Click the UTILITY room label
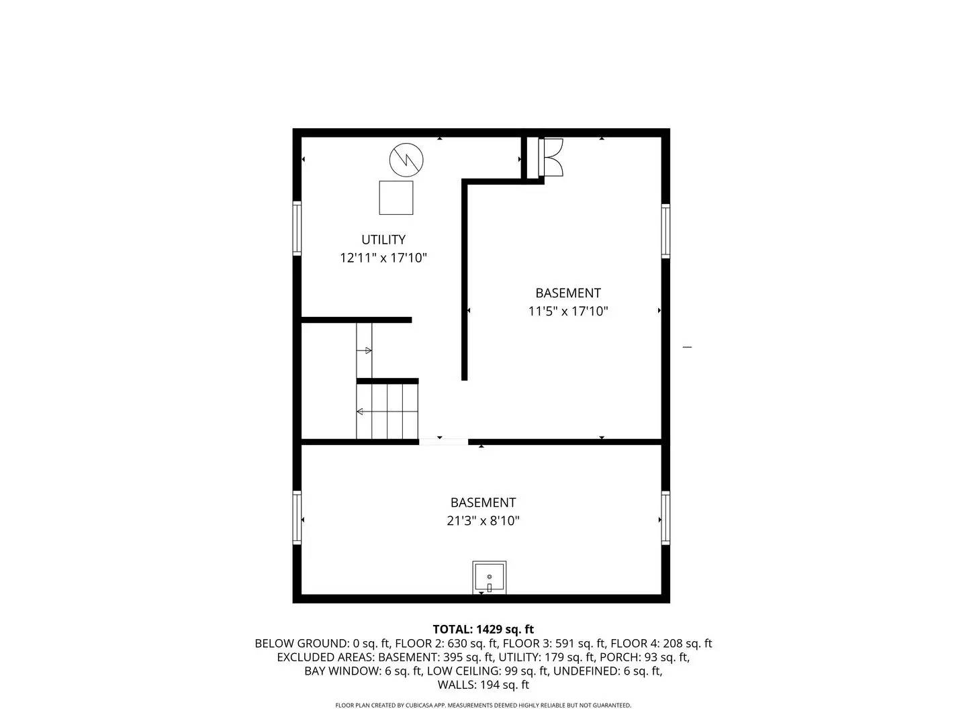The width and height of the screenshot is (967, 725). tap(383, 240)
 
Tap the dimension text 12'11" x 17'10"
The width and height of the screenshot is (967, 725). tap(383, 258)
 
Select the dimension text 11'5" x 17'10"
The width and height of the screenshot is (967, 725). tap(568, 311)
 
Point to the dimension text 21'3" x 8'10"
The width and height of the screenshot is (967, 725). tap(483, 521)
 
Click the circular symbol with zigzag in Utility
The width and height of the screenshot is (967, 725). tap(406, 159)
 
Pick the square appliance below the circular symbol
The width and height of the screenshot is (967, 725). tap(396, 197)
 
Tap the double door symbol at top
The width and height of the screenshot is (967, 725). tap(551, 158)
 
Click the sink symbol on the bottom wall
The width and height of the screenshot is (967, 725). tap(489, 577)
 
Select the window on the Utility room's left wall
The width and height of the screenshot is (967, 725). tap(297, 228)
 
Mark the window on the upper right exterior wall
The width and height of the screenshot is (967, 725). tap(665, 231)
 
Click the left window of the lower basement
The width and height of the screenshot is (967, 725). tap(297, 517)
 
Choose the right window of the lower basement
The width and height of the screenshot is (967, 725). tap(665, 517)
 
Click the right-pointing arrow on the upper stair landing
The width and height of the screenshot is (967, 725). tap(367, 350)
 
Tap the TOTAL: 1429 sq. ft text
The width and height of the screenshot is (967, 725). tap(483, 630)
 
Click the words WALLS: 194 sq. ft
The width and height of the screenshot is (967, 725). tap(483, 685)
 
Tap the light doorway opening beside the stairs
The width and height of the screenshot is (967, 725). tap(443, 442)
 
